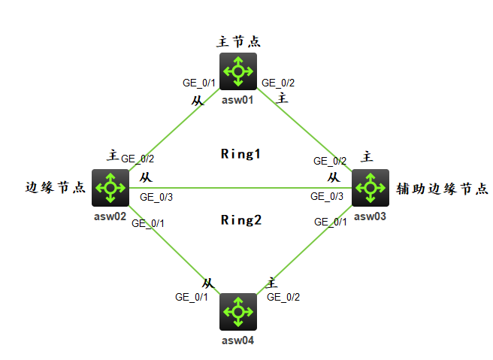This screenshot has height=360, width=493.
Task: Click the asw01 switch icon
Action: point(238,71)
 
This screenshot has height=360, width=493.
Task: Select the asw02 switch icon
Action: point(110,188)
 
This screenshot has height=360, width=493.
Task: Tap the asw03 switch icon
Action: point(371,188)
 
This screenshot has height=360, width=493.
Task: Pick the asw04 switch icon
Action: point(238,312)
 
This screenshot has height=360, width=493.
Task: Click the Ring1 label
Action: point(240,154)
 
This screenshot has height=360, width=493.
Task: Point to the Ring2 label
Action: point(241,220)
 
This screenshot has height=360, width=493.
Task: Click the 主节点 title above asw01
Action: point(238,42)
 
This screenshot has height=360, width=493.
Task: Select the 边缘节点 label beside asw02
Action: point(56,187)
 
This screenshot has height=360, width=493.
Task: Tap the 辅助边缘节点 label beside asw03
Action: point(442,189)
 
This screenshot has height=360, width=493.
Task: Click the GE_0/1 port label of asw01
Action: point(199,83)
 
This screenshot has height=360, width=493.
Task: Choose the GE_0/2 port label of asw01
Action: point(278,83)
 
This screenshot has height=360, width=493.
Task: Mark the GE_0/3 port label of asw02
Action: point(156,197)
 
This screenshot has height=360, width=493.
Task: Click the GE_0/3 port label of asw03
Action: point(327,196)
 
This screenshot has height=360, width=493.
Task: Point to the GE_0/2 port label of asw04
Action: point(283,297)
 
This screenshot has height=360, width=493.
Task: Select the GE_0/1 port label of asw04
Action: point(192,297)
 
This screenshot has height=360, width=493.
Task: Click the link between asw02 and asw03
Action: point(240,188)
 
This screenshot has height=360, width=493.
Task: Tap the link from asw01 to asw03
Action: point(304,130)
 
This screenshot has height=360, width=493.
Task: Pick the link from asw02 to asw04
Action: point(174,250)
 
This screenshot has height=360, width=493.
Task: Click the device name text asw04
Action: point(237,340)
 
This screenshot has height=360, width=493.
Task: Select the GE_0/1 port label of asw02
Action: point(148,223)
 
